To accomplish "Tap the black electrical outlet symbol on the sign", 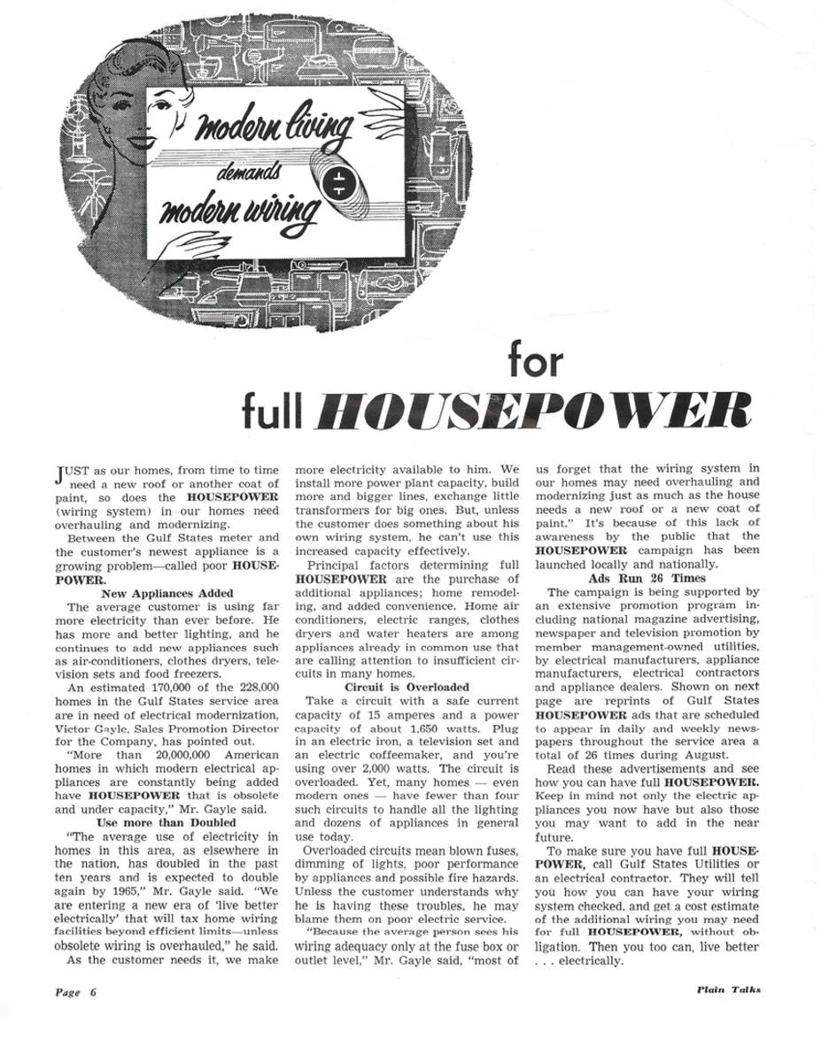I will (338, 182).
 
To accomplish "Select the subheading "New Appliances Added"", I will (168, 593).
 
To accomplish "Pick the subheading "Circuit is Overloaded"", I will (407, 686).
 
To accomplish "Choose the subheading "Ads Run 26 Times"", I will (647, 578).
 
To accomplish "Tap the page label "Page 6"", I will (75, 992).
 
